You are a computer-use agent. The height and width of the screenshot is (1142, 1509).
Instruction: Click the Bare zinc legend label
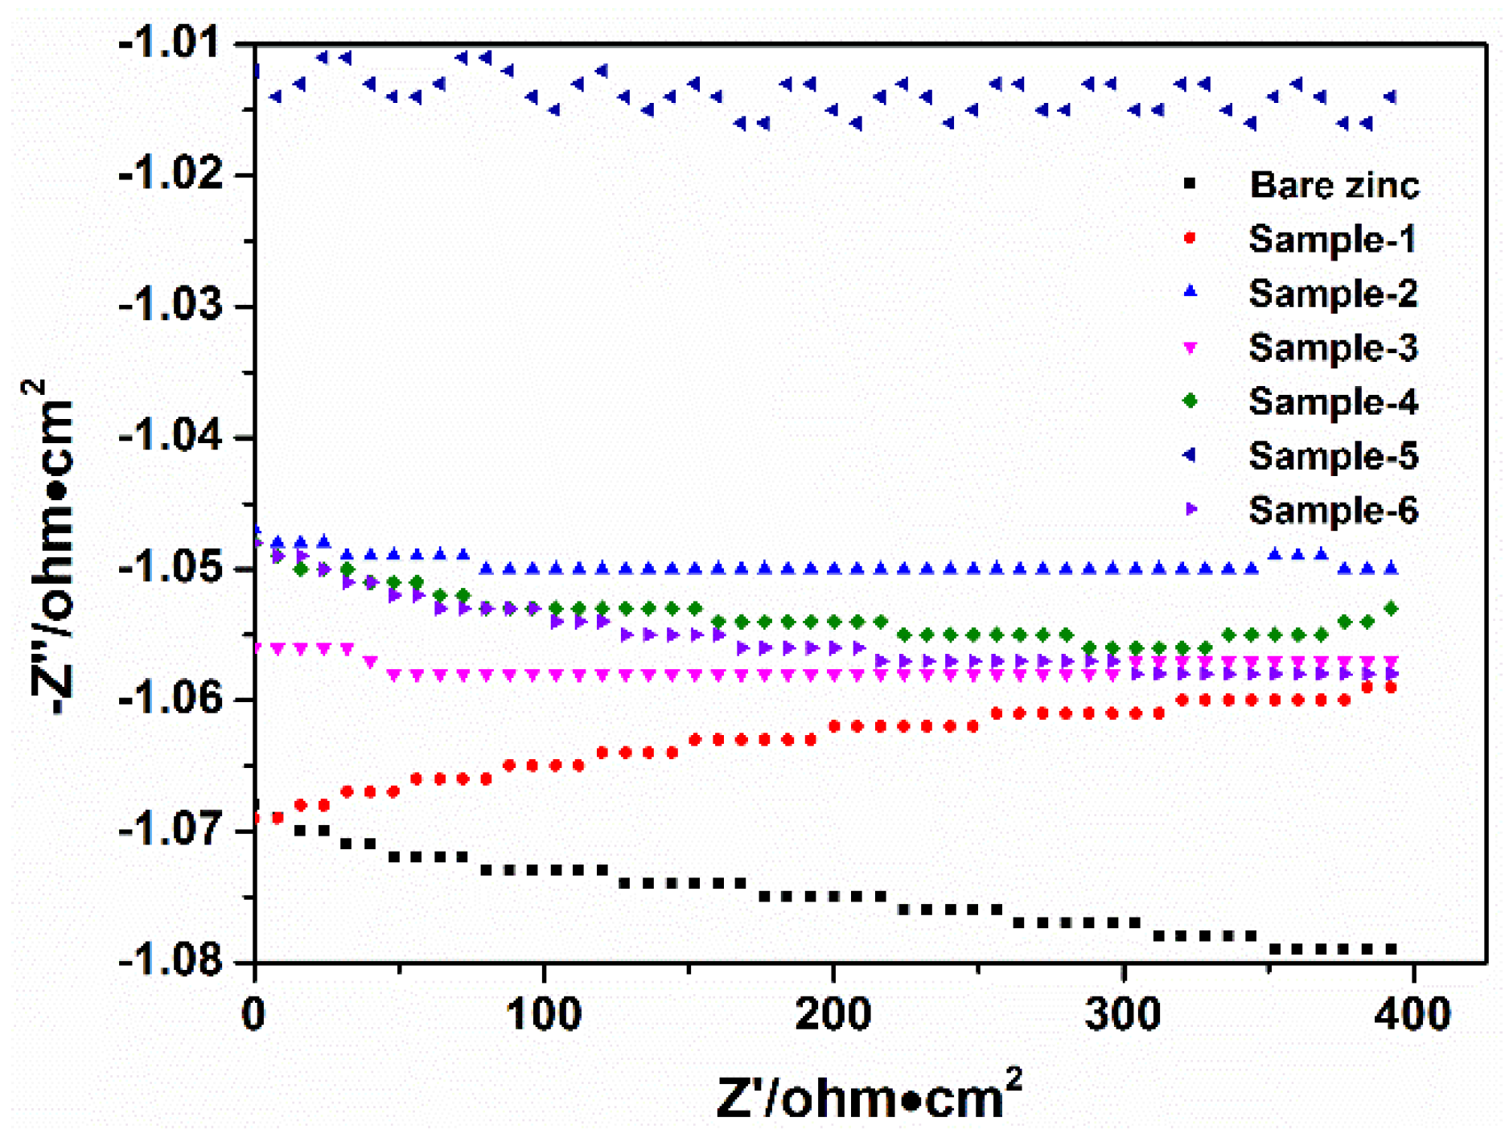(1334, 185)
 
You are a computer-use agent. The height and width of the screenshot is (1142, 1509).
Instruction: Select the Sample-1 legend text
(1332, 239)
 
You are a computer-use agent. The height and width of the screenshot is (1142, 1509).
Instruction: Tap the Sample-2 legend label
(1332, 293)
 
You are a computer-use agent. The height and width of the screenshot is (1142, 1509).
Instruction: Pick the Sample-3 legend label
(1332, 347)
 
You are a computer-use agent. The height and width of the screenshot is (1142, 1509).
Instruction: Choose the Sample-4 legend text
(1332, 401)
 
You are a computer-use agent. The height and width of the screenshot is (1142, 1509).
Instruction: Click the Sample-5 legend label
(1332, 455)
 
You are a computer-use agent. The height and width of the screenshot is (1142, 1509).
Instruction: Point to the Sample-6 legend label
(1332, 510)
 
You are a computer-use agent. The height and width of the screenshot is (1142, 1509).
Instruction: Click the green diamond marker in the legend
(1190, 401)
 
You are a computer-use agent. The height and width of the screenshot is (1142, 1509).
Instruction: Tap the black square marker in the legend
(1190, 185)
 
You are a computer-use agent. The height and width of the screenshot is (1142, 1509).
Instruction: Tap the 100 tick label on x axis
(544, 1015)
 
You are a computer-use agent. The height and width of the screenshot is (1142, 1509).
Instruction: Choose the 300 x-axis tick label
(1123, 1015)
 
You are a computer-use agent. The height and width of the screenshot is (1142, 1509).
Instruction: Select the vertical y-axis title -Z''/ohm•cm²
(50, 547)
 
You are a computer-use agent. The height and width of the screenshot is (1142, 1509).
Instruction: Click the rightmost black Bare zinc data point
(1390, 949)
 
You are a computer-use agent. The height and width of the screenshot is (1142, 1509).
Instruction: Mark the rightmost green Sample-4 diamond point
(1391, 609)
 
